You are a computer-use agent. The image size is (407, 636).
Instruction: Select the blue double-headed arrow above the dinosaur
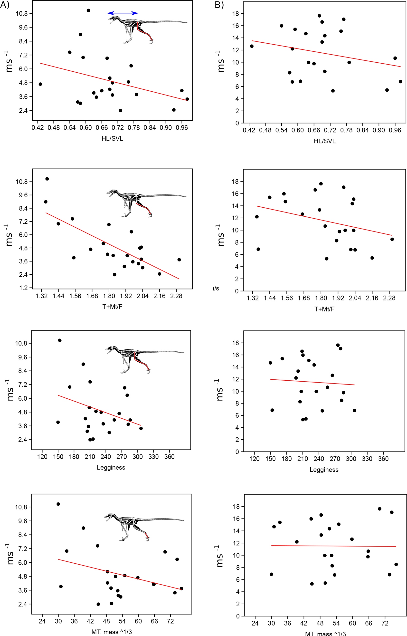tap(123, 13)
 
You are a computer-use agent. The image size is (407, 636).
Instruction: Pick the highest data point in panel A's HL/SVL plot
tap(88, 10)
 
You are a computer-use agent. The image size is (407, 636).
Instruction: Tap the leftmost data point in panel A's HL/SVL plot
tap(40, 84)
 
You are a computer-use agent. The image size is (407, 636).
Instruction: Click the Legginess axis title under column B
tap(324, 470)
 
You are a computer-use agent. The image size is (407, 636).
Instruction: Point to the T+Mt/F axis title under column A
tap(112, 307)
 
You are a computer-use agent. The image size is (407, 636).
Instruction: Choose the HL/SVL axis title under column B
tap(324, 141)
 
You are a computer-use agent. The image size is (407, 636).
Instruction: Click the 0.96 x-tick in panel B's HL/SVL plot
tap(395, 130)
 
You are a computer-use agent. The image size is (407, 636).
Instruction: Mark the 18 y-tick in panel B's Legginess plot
tap(235, 343)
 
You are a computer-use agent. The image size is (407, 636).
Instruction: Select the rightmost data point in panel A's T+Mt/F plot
tap(179, 260)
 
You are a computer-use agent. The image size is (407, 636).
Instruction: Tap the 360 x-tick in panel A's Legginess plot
tap(169, 456)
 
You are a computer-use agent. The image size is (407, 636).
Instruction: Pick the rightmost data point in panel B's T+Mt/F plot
tap(392, 239)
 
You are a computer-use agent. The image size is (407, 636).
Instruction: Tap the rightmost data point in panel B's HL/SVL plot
tap(400, 82)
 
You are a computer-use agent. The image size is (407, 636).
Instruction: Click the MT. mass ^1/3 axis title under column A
tap(112, 632)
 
